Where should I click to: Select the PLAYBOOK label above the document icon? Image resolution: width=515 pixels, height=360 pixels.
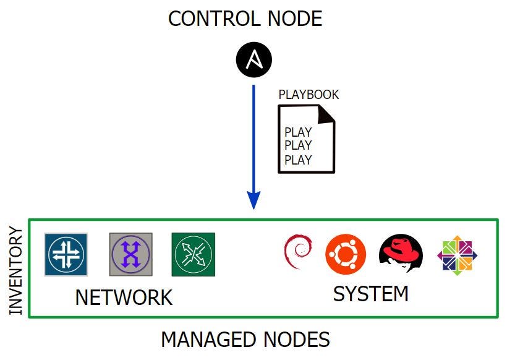tap(309, 95)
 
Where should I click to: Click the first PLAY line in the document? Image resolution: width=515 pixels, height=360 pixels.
tap(298, 132)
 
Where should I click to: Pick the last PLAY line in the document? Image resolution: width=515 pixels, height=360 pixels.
tap(298, 160)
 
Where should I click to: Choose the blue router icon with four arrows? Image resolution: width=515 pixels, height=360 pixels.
tap(66, 254)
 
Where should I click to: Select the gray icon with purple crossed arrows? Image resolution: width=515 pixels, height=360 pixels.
tap(130, 254)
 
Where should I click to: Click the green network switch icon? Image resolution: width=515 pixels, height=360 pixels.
tap(193, 254)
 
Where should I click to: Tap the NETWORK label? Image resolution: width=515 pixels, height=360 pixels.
tap(124, 298)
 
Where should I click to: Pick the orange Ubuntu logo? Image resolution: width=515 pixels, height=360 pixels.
tap(346, 254)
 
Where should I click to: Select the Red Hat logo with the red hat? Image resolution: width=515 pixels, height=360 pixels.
tap(400, 254)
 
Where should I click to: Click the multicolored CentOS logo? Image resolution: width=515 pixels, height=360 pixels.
tap(457, 255)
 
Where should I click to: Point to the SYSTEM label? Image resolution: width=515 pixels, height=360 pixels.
tap(370, 294)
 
